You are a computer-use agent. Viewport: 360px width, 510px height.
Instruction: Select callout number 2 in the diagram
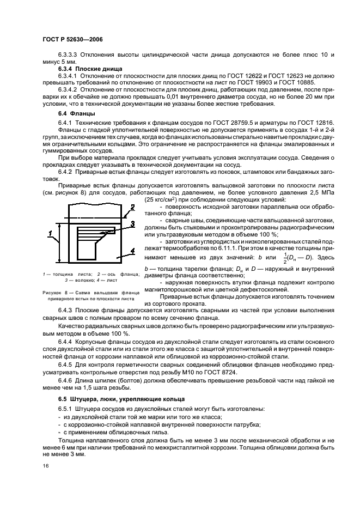[132, 207]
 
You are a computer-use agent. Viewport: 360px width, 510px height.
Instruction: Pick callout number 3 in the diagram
[132, 223]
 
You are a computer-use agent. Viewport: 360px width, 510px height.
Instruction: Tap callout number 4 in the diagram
[132, 251]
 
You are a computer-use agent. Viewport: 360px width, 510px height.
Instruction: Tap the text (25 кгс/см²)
[164, 200]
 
